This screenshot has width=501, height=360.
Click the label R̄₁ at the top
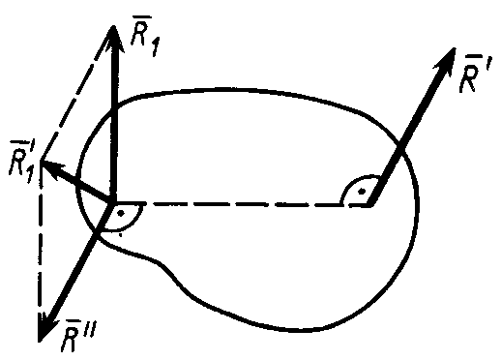tap(145, 36)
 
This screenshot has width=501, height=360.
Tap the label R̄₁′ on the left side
tap(23, 162)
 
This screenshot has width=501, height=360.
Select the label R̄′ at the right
tap(473, 74)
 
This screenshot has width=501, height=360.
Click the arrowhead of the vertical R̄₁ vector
tap(113, 37)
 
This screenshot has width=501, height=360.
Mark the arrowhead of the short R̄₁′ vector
tap(51, 167)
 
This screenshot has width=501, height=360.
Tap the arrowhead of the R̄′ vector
tap(447, 60)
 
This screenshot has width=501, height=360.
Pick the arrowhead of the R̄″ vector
tap(45, 326)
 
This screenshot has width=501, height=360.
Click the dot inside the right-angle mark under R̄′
tap(362, 192)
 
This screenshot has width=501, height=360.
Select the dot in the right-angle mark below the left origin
tap(121, 213)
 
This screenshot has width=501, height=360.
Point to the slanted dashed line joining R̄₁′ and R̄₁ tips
tap(76, 94)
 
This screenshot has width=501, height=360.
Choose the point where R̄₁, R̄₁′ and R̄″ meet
tap(111, 203)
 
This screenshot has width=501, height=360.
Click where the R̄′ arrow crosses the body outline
tap(399, 147)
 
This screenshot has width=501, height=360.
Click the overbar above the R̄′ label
tap(471, 57)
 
